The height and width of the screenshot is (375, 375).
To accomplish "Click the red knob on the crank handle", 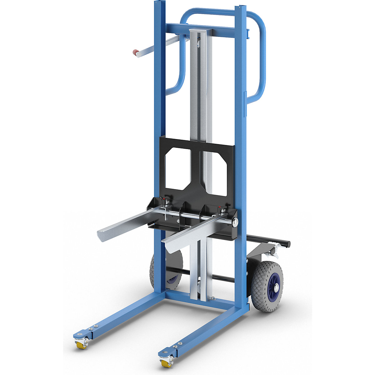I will tap(137, 53).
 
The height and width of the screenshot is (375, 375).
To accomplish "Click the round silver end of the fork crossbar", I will tap(235, 222).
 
